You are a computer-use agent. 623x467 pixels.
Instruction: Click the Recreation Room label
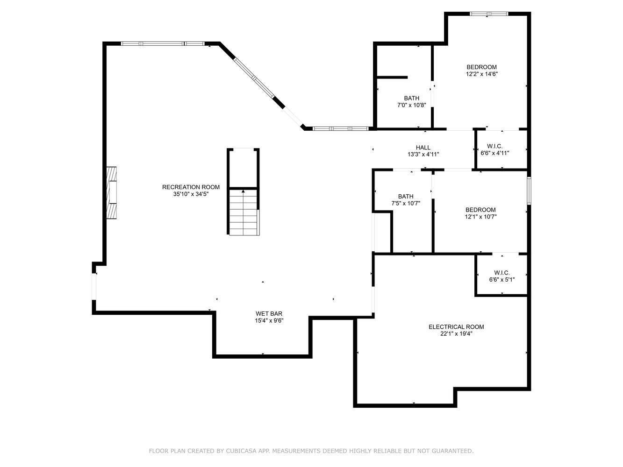pos(191,187)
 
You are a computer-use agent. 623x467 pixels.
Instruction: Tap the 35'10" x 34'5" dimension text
pos(191,194)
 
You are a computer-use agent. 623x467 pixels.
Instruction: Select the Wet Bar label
pos(269,314)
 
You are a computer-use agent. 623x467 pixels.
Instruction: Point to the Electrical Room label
pos(456,327)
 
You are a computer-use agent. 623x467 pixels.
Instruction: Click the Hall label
pos(423,148)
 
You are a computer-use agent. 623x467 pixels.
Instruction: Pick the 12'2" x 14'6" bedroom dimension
pos(481,74)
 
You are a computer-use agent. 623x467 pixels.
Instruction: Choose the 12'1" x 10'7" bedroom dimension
pos(480,217)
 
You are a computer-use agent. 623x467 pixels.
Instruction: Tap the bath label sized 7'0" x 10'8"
pos(412,98)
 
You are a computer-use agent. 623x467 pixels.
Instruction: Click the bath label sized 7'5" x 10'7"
pos(406,196)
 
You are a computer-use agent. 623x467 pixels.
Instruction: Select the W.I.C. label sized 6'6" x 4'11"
pos(495,146)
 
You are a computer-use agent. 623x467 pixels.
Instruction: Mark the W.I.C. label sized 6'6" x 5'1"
pos(502,273)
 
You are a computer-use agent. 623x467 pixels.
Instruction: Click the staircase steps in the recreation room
pos(243,212)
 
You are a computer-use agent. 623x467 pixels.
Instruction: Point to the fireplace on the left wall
pos(111,192)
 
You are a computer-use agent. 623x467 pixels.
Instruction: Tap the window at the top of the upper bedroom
pos(488,14)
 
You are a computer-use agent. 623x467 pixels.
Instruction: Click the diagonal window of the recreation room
pos(254,78)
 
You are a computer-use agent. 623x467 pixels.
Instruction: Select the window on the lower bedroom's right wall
pos(529,191)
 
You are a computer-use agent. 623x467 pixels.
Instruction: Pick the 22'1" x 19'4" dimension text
pos(456,334)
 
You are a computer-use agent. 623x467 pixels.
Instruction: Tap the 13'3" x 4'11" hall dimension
pos(423,155)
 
